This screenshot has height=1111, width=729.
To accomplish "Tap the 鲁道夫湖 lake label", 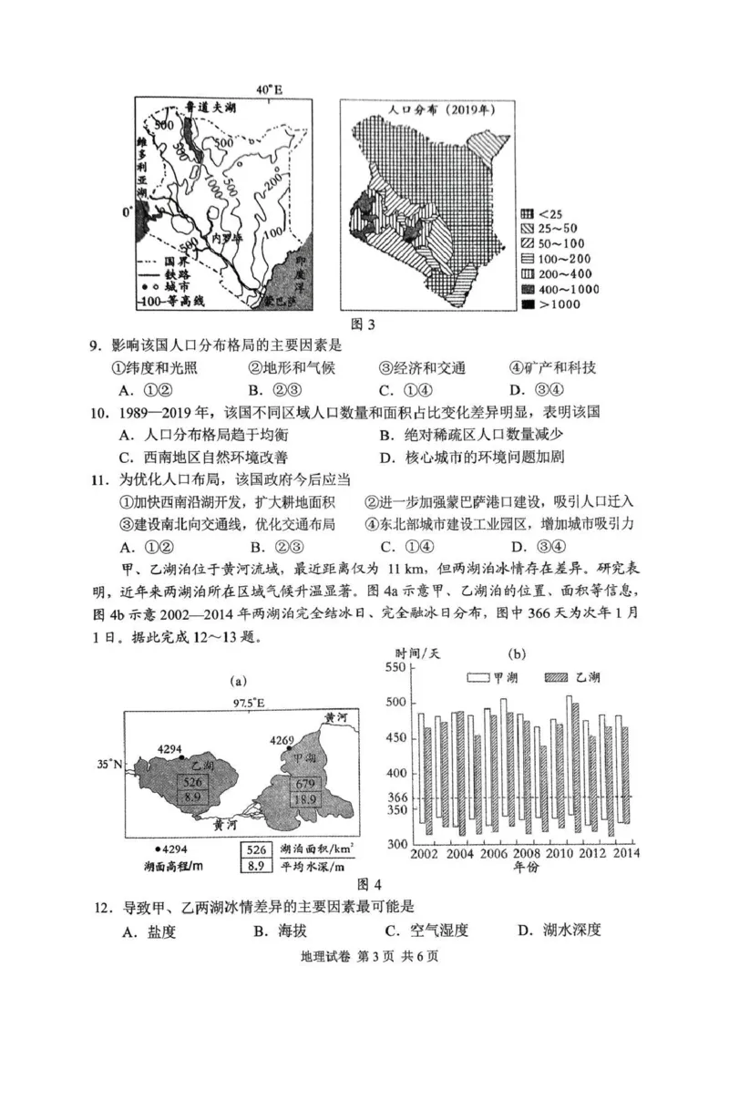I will pos(205,108).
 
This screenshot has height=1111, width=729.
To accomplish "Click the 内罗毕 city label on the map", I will pos(223,238).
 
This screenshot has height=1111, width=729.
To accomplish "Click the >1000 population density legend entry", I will pos(548,304).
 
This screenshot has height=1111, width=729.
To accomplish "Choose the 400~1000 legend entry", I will pos(553,289).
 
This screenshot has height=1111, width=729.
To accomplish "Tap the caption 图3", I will pos(363,324).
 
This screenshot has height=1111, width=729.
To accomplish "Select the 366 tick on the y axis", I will pos(397,797).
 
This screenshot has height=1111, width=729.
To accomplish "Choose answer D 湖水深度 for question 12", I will pos(558,931).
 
